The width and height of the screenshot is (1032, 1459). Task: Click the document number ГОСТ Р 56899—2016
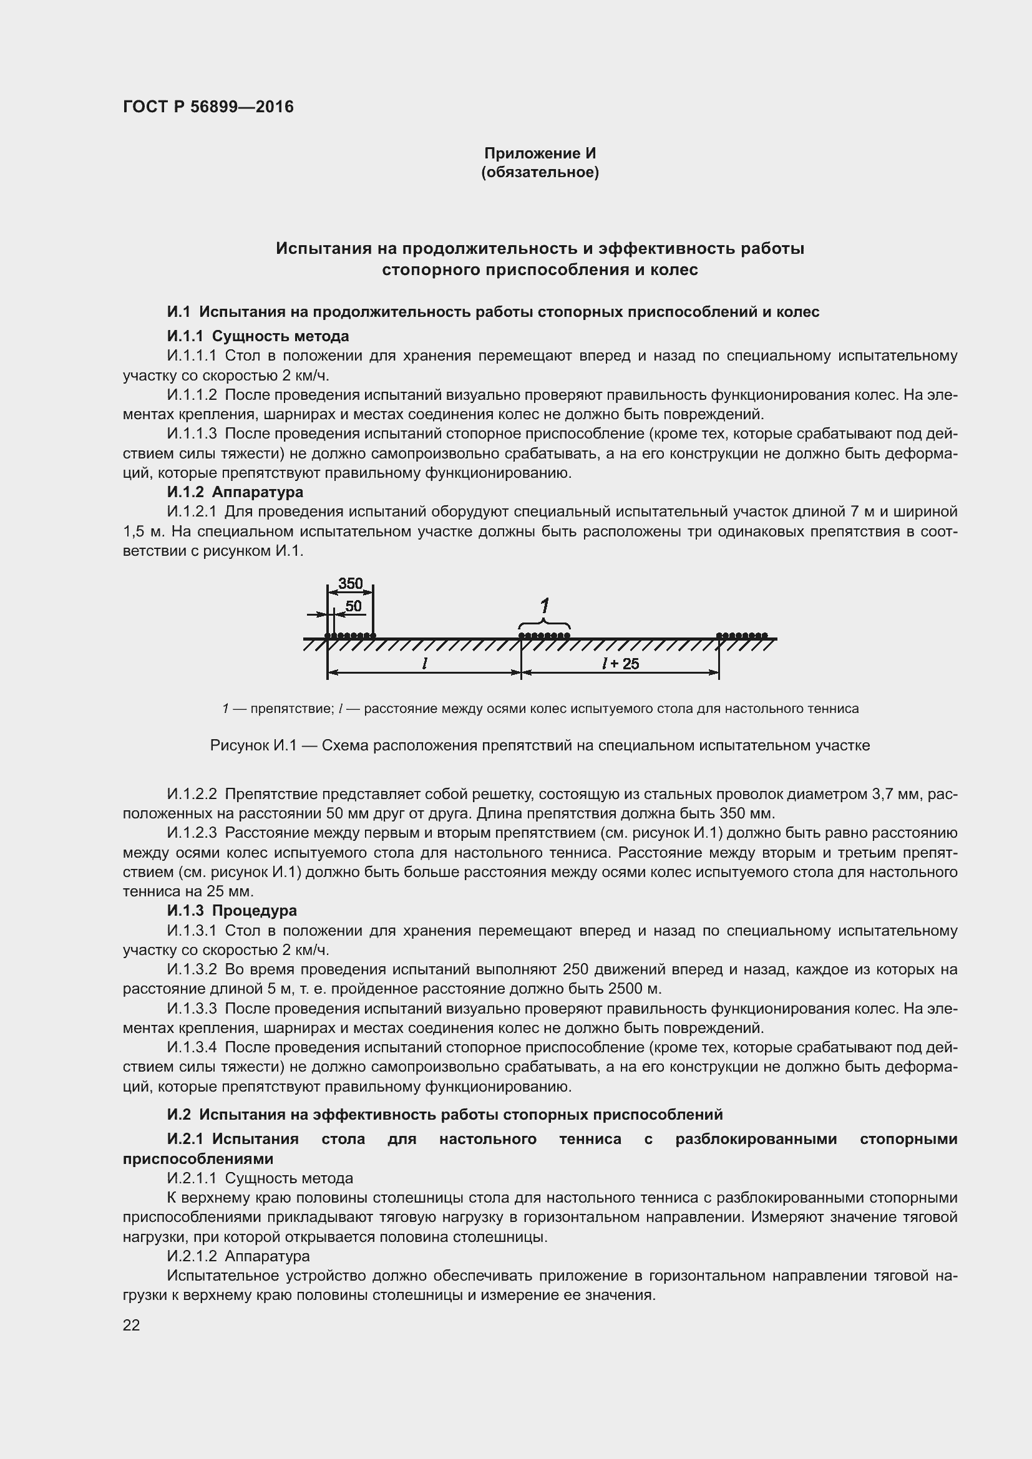(x=208, y=107)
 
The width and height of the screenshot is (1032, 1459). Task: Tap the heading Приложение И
(x=540, y=153)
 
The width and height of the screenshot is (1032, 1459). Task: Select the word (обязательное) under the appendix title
(x=540, y=172)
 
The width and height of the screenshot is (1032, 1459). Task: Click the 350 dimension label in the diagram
(x=350, y=583)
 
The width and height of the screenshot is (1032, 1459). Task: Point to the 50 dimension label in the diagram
(x=353, y=606)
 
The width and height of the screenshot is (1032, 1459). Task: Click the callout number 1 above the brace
(x=545, y=606)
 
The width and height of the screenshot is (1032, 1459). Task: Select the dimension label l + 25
(x=621, y=664)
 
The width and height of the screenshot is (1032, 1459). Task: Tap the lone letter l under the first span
(x=424, y=663)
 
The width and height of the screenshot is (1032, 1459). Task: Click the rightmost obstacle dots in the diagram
(x=742, y=635)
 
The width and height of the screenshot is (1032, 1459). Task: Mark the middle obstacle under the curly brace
(x=544, y=635)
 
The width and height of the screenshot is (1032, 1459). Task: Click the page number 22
(x=131, y=1325)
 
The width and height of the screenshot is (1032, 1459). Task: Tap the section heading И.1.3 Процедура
(x=232, y=911)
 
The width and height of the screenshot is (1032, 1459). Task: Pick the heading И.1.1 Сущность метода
(x=258, y=336)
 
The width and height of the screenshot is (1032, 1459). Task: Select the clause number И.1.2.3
(x=192, y=833)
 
